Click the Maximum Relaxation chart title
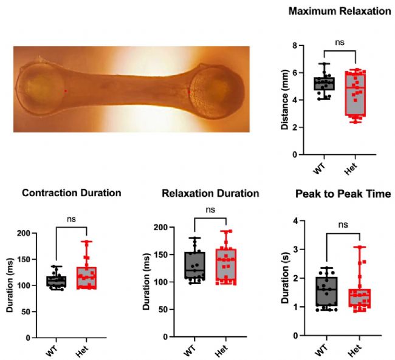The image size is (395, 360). click(339, 12)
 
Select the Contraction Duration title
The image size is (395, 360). click(72, 193)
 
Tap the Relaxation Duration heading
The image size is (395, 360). click(210, 193)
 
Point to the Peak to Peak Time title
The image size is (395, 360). click(343, 194)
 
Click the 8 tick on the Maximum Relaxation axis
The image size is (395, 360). click(295, 46)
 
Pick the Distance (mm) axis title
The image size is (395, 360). click(285, 100)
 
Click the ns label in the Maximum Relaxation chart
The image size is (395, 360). click(340, 42)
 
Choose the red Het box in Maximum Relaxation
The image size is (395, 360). click(355, 93)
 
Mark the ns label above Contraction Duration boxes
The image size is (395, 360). click(71, 219)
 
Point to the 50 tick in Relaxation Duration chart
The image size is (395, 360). click(163, 310)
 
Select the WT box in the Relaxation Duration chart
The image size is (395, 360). click(194, 265)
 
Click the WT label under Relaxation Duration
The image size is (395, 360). click(190, 350)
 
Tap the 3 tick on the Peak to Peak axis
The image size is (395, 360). click(295, 250)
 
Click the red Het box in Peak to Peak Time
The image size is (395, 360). click(360, 298)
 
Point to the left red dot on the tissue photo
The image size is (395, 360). click(66, 91)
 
